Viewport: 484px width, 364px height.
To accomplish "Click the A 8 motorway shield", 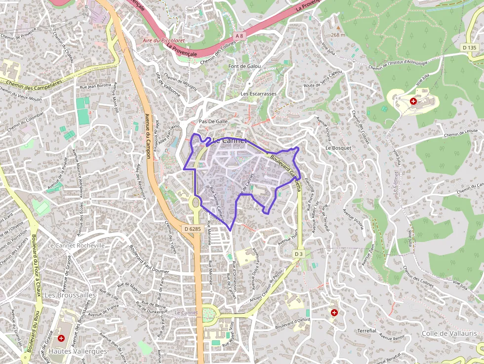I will tap(240, 36).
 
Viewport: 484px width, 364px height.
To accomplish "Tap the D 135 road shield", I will tap(470, 47).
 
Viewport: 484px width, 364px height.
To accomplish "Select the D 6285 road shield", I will tap(192, 229).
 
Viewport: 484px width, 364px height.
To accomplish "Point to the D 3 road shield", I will tap(298, 254).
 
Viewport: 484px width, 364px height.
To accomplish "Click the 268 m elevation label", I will tap(338, 35).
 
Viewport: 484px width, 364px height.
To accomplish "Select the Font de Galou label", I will tap(244, 66).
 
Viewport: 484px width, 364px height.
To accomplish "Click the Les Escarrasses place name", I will tap(258, 93).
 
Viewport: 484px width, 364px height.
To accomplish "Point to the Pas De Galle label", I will tap(213, 121).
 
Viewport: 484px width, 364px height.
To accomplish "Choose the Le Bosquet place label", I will tap(338, 148).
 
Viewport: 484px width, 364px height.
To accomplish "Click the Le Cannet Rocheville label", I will tap(76, 245).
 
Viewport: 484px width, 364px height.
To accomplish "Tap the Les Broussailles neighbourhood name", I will tap(70, 294).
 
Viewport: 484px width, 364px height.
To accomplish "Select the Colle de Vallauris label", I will tap(449, 333).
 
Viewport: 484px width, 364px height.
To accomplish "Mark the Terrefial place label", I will tap(367, 330).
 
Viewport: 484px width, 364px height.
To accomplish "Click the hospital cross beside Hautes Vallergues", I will tap(61, 338).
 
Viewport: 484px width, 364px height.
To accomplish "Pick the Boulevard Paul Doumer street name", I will tap(149, 259).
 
